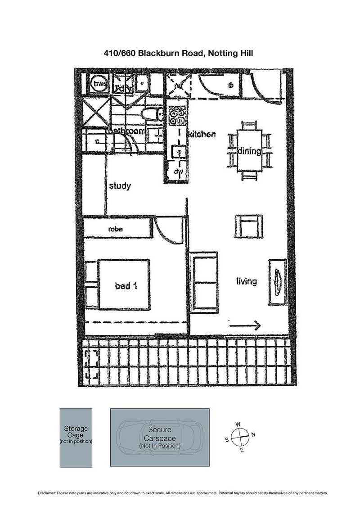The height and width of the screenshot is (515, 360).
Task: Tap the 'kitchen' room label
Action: coord(202,134)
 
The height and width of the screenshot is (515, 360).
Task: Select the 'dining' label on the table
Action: coord(249,151)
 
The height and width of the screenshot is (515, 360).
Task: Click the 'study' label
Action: coord(120,185)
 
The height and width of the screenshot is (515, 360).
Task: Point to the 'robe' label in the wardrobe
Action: coord(116,229)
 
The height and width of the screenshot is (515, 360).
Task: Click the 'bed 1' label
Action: coord(126,285)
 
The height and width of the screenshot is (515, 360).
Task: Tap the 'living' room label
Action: coord(247,281)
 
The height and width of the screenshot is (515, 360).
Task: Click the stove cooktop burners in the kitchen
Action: coord(177,117)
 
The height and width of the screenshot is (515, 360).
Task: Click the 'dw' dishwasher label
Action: coord(177,172)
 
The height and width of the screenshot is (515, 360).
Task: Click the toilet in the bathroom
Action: coord(151,114)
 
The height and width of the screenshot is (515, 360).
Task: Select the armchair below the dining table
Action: coord(248,226)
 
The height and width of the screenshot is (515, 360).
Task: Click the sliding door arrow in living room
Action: coord(245,325)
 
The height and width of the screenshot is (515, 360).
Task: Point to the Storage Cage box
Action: coord(76,437)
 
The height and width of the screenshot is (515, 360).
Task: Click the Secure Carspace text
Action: coord(160,434)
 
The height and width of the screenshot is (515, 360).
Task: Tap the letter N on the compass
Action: coord(253,434)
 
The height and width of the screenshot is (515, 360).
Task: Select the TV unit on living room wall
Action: coord(277,282)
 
